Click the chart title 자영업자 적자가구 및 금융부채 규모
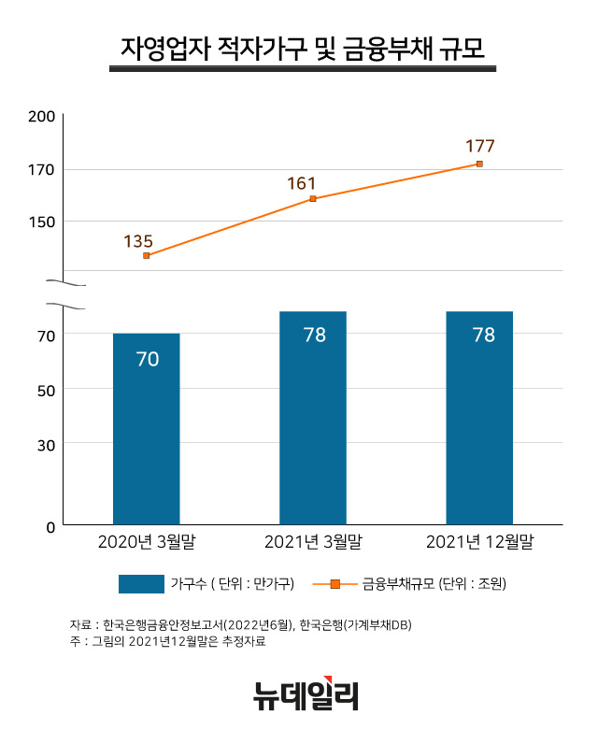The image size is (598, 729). pyautogui.click(x=303, y=46)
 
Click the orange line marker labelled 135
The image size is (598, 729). pyautogui.click(x=147, y=255)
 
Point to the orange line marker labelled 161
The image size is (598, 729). pyautogui.click(x=313, y=199)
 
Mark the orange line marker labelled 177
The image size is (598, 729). pyautogui.click(x=479, y=164)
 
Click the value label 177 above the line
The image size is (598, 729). pyautogui.click(x=479, y=146)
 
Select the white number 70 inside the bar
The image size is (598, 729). pyautogui.click(x=147, y=358)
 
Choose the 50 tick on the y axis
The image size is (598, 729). pyautogui.click(x=46, y=389)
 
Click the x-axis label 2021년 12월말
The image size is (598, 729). pyautogui.click(x=479, y=542)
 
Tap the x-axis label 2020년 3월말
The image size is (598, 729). pyautogui.click(x=147, y=542)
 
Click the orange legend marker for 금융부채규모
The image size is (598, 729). pyautogui.click(x=335, y=584)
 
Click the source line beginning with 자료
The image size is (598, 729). pyautogui.click(x=240, y=624)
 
